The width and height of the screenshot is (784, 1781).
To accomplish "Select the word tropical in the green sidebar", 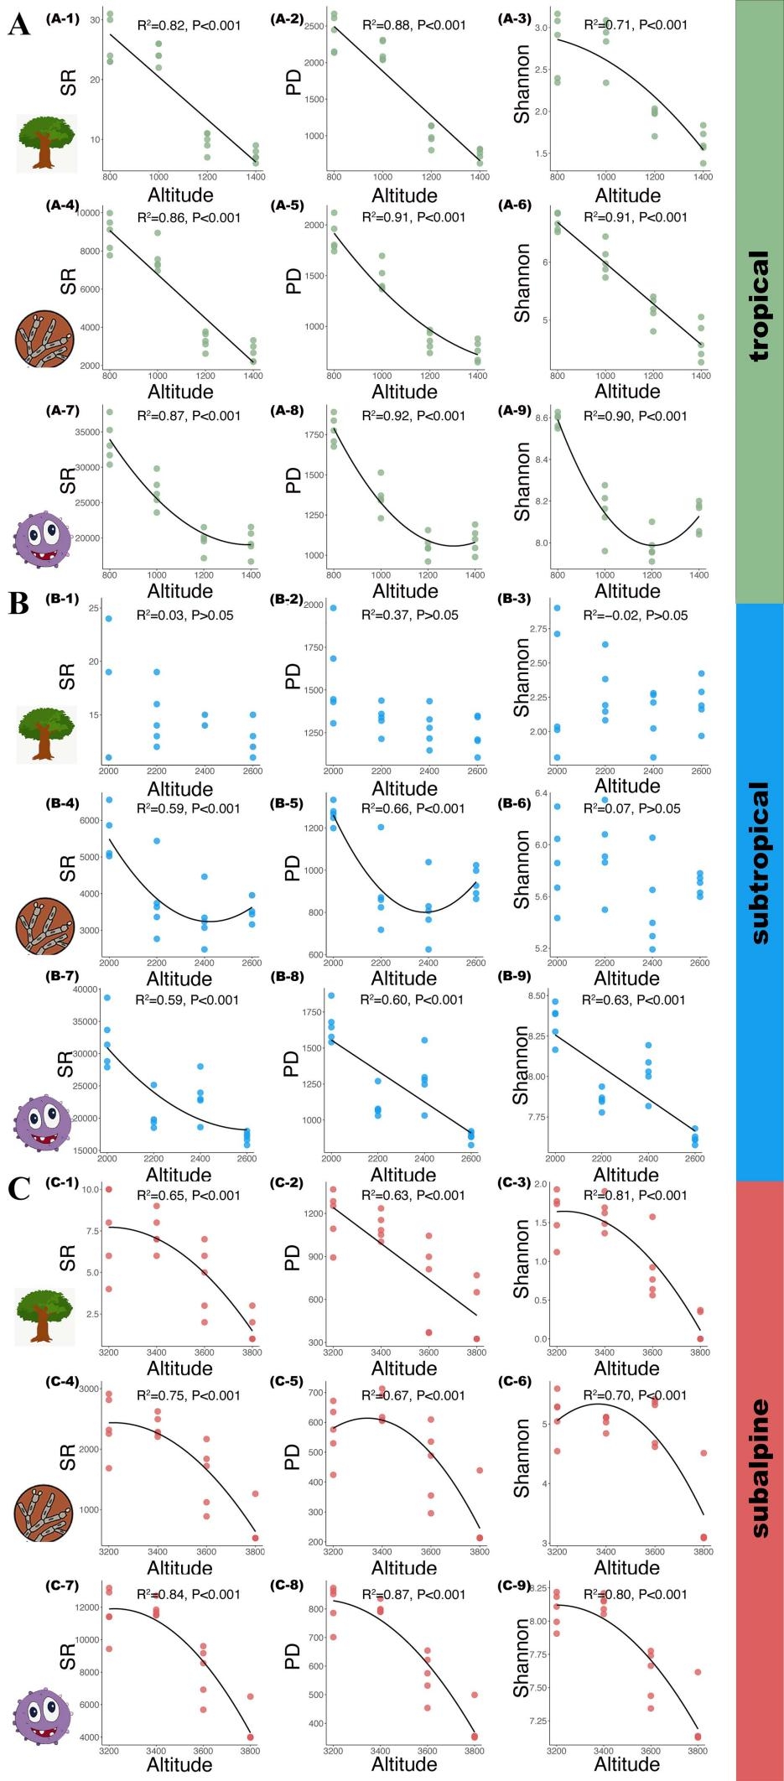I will (x=758, y=306).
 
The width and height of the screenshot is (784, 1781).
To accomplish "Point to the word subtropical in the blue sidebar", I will (x=758, y=863).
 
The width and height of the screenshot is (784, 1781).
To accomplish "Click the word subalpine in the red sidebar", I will (x=758, y=1467).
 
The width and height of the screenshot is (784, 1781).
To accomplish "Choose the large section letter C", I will (x=18, y=1189).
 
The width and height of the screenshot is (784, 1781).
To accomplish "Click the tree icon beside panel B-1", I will (x=46, y=734).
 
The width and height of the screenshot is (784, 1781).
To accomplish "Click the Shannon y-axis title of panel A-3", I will (x=522, y=84).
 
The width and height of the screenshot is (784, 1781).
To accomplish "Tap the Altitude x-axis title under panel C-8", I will (x=403, y=1764).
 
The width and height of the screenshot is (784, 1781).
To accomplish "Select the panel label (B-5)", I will (x=287, y=803).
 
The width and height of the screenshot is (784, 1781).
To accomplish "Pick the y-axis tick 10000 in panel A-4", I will (x=87, y=213).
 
